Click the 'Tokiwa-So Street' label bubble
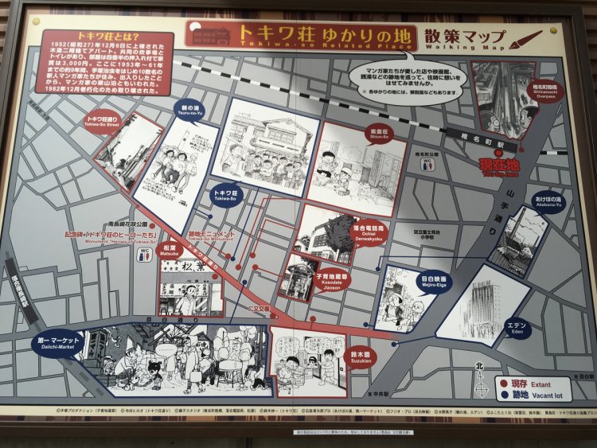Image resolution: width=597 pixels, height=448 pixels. [101, 122]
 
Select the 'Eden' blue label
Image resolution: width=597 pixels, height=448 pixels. [517, 326]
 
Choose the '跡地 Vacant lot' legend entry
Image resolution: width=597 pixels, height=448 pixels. [531, 394]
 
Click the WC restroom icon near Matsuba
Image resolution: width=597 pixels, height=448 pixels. [145, 254]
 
